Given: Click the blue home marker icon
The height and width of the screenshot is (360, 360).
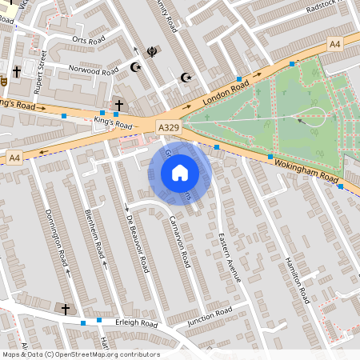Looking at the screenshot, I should click(180, 173).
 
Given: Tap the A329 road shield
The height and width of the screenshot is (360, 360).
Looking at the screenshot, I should click(167, 128).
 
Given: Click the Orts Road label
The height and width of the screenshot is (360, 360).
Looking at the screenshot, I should click(89, 39).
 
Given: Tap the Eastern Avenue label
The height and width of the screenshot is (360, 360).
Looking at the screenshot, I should click(230, 257).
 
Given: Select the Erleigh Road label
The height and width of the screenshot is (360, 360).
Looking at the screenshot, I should click(137, 324).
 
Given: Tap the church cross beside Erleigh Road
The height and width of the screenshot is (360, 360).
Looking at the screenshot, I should click(66, 308).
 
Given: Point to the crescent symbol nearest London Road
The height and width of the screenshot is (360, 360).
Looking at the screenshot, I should click(186, 78).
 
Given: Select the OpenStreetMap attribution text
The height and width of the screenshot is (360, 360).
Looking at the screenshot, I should click(81, 354).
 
